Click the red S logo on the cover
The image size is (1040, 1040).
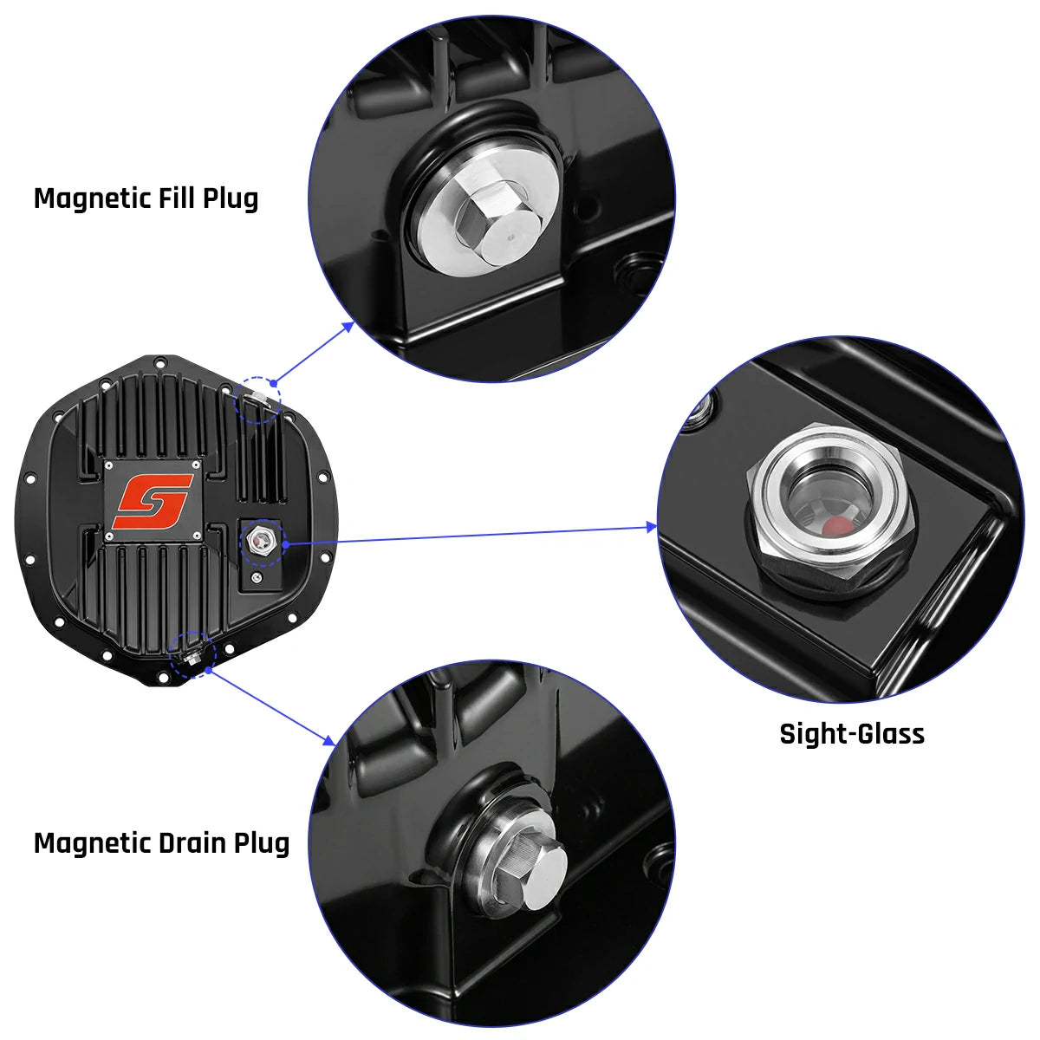(x=156, y=502)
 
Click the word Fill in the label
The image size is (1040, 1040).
(x=177, y=198)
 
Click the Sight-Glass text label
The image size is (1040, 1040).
(x=852, y=734)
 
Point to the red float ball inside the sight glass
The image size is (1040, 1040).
(x=835, y=526)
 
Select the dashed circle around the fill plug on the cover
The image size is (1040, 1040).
(x=258, y=399)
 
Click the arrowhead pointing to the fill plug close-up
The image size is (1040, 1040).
(x=348, y=326)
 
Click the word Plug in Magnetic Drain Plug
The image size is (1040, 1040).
(x=261, y=842)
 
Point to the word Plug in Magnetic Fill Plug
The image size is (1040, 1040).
(x=231, y=198)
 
